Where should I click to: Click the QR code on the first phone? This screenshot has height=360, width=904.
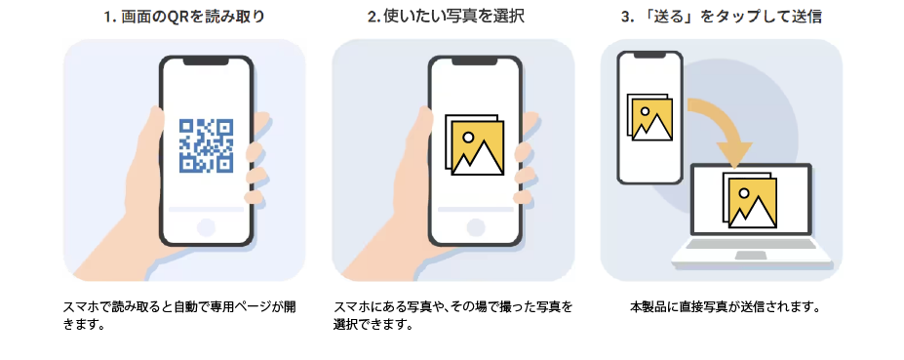(206, 145)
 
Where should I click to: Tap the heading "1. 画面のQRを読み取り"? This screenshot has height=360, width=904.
(184, 17)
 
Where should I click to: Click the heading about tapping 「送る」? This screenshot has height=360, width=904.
(721, 17)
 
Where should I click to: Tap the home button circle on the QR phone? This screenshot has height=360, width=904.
(206, 227)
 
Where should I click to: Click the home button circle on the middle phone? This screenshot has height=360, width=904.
(474, 227)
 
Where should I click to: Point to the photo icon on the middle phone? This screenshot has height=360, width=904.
(474, 147)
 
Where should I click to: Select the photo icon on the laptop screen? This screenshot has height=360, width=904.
(748, 201)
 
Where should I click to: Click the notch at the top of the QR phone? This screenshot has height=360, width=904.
(206, 60)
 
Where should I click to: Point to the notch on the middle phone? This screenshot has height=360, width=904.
(474, 60)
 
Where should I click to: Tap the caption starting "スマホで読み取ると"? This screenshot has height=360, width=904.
(179, 315)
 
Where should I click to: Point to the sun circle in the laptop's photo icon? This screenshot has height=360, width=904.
(743, 193)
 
